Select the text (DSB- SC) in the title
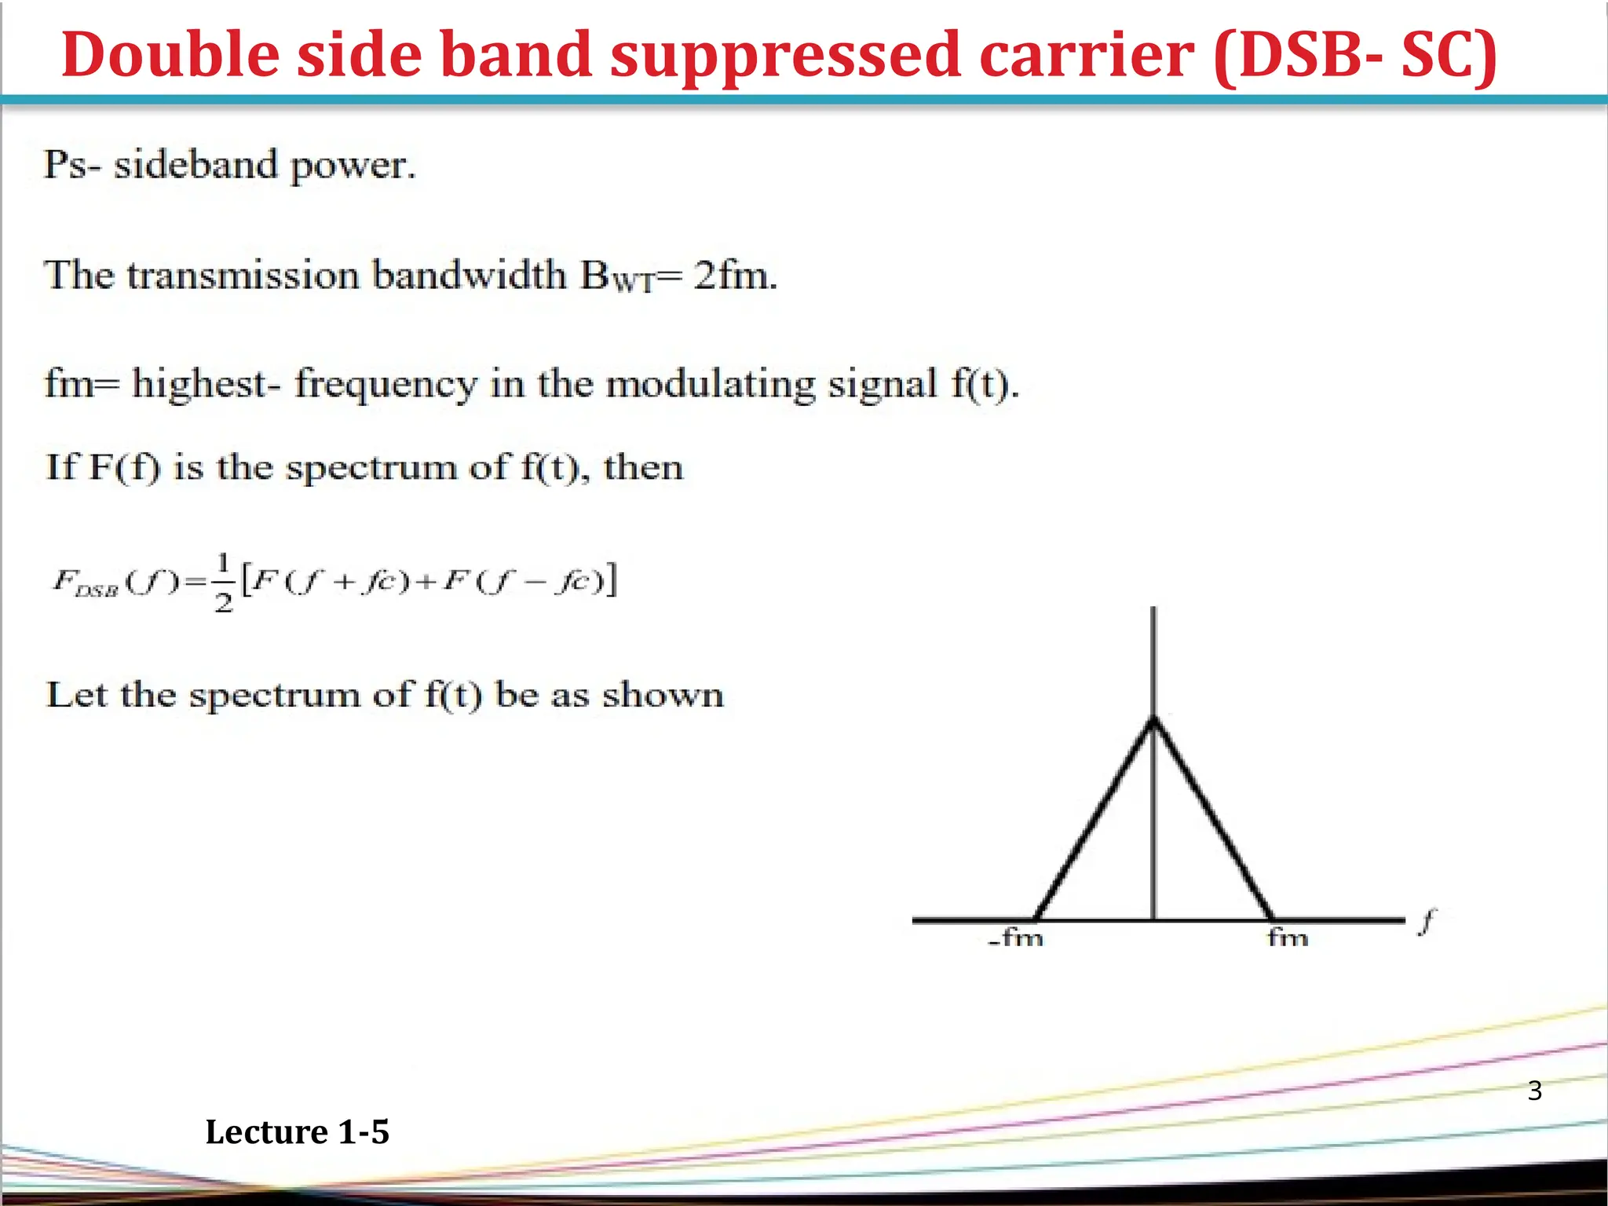point(1354,55)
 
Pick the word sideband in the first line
point(196,165)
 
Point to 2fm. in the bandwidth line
point(735,275)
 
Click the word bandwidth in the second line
point(469,275)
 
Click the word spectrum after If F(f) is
point(371,468)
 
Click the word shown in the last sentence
point(663,695)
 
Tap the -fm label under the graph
point(1016,937)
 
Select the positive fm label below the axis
point(1288,937)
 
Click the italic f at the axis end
point(1428,921)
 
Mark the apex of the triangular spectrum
point(1153,718)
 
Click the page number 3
point(1534,1091)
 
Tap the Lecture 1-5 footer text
point(297,1132)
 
